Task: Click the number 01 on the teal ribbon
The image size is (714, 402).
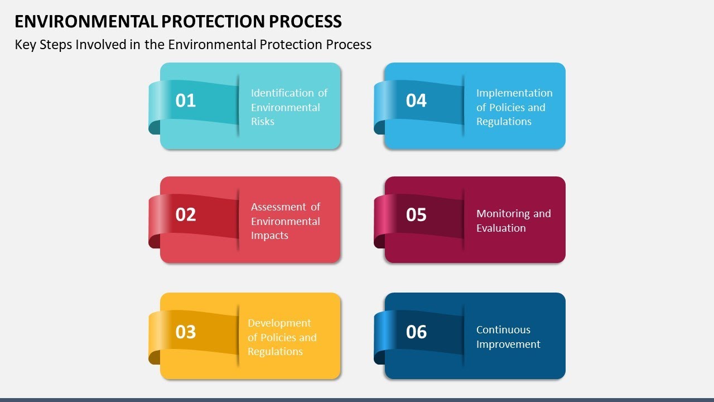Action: (x=186, y=100)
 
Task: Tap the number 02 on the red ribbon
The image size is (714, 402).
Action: (x=186, y=214)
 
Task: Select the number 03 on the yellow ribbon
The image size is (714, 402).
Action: (x=186, y=332)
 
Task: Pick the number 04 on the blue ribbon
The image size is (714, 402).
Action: (x=416, y=100)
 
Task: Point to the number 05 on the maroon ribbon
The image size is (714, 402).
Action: (x=416, y=214)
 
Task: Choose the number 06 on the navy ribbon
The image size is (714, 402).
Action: (x=416, y=332)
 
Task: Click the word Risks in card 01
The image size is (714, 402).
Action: (x=262, y=122)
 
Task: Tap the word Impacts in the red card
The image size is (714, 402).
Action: (x=269, y=236)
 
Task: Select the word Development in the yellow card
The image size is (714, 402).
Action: (x=279, y=323)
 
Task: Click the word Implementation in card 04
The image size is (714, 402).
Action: (x=514, y=93)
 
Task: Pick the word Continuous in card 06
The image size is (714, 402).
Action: (x=503, y=330)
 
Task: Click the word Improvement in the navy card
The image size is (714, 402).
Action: (x=508, y=344)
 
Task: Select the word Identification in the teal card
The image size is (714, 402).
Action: (x=282, y=93)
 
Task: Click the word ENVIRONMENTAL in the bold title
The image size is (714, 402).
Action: (x=86, y=21)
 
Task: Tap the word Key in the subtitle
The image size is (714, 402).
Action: (x=25, y=45)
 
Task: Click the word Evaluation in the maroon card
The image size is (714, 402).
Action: (x=501, y=228)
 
